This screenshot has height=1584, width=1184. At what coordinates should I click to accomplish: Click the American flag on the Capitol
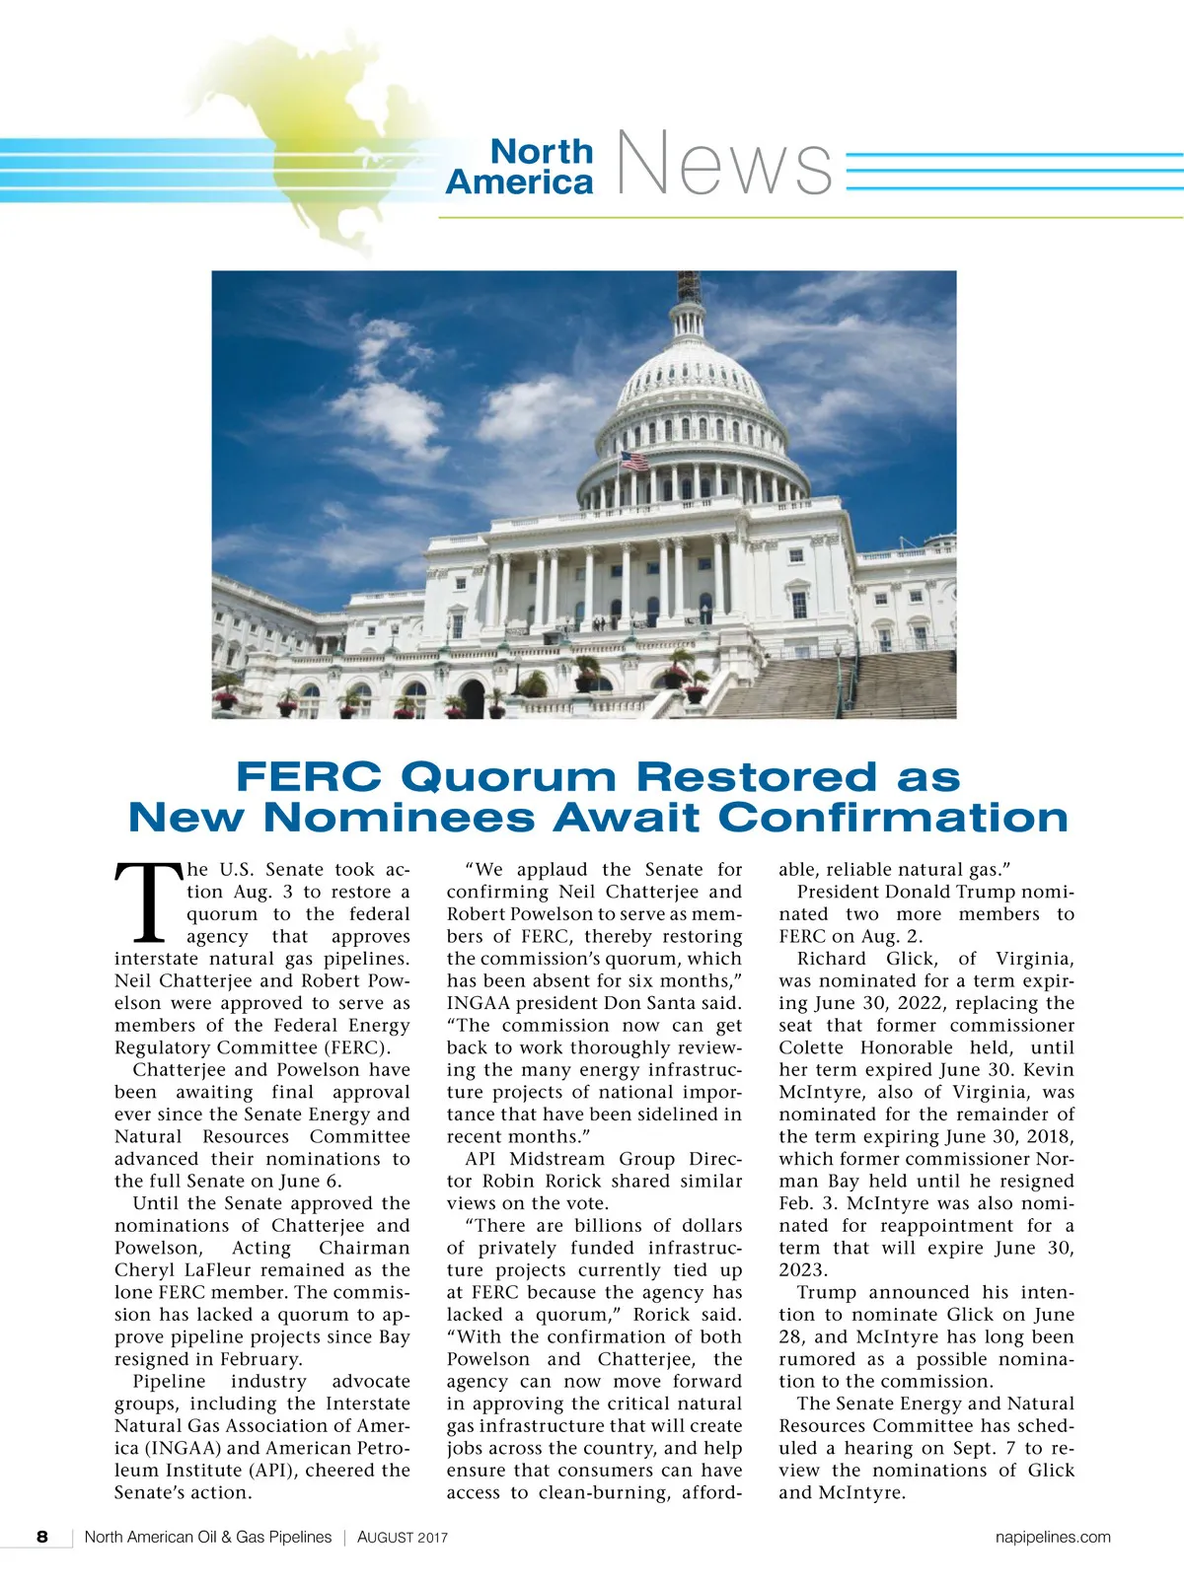(633, 461)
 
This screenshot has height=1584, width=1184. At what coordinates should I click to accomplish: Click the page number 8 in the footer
(42, 1537)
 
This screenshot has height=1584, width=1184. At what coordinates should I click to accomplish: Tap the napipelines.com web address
(1053, 1537)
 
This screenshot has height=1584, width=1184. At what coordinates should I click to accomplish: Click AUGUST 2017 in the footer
(403, 1538)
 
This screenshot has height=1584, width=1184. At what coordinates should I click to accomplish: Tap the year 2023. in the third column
(804, 1270)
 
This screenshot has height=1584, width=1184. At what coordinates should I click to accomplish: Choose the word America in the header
(519, 181)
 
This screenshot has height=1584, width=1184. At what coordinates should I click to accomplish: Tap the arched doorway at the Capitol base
(473, 698)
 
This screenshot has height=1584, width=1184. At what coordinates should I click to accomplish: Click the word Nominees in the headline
(400, 818)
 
